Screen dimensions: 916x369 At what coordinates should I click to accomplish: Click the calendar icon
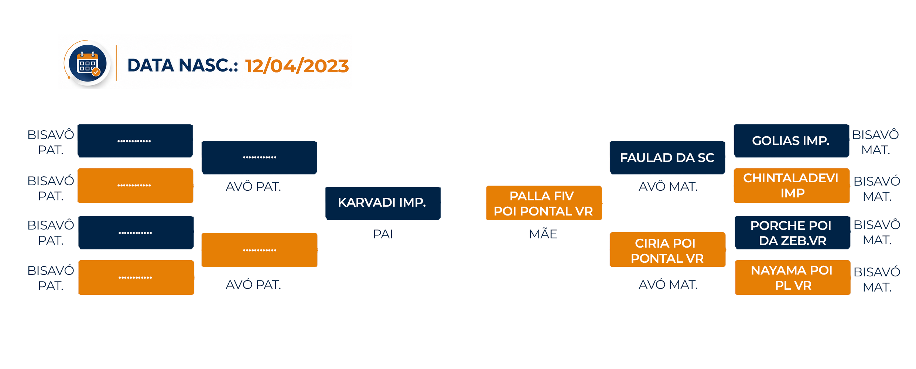(88, 63)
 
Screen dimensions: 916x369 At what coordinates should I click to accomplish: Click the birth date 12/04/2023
(297, 66)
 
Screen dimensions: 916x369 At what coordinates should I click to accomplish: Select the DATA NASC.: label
(183, 66)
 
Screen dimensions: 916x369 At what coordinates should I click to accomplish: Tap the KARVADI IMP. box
(383, 203)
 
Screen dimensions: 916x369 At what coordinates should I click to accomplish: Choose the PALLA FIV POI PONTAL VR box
(544, 203)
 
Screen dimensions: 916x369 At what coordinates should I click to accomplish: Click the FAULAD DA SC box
(667, 158)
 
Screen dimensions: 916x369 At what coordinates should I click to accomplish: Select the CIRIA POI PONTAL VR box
(667, 249)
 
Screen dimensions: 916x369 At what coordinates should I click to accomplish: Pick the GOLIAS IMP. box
(792, 141)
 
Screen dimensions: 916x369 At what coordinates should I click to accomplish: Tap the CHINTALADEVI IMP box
(792, 186)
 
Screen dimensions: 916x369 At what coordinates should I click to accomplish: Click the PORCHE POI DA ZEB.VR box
(792, 232)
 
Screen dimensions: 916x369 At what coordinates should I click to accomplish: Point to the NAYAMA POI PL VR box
(793, 277)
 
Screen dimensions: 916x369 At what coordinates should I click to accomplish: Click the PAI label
(383, 234)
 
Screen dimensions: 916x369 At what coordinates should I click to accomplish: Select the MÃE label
(543, 233)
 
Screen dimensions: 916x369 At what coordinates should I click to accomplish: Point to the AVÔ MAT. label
(668, 186)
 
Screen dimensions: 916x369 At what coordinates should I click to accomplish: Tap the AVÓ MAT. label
(668, 284)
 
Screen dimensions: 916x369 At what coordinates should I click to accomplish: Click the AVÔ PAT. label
(253, 186)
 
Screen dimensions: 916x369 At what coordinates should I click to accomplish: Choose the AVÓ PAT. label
(253, 284)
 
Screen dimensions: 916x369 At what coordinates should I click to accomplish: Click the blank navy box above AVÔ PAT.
(259, 158)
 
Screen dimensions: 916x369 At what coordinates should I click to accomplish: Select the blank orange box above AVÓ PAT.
(259, 250)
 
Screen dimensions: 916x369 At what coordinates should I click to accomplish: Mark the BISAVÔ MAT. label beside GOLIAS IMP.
(875, 142)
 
